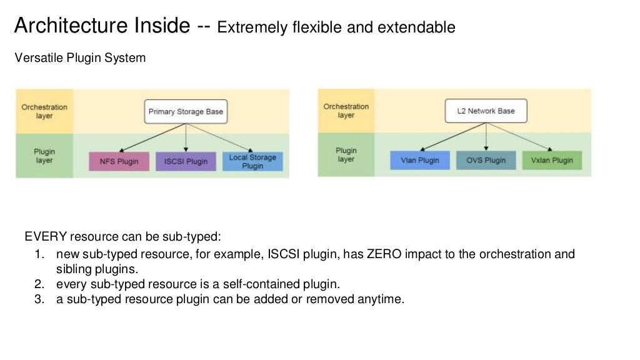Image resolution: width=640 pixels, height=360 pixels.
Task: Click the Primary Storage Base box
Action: [186, 112]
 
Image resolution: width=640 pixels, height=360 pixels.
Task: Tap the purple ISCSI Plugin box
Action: [186, 161]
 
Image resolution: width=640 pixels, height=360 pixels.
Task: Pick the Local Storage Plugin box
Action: [252, 161]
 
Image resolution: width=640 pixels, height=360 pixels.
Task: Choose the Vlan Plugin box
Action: [419, 160]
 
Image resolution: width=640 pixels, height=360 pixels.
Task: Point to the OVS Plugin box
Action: [486, 160]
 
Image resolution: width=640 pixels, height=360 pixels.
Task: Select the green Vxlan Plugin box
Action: [551, 160]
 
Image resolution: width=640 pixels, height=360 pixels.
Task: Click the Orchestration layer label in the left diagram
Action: [44, 111]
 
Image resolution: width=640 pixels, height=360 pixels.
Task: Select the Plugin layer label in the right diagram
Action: [346, 155]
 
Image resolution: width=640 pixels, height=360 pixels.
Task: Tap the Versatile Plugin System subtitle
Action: [79, 58]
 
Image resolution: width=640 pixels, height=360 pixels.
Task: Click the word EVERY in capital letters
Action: [46, 237]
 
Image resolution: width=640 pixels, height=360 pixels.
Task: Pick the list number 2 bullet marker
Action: [39, 284]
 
